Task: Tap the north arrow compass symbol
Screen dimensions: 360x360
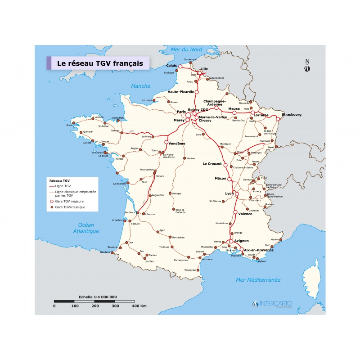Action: [x=307, y=66]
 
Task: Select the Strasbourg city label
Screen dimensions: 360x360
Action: [x=292, y=115]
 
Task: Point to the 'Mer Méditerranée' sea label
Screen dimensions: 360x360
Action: [x=258, y=280]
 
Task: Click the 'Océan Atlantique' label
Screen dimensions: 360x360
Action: [x=86, y=228]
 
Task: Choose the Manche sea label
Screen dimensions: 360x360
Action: [x=140, y=86]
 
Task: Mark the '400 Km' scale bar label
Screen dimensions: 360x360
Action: [x=139, y=306]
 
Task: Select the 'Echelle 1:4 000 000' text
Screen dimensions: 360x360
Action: [x=98, y=297]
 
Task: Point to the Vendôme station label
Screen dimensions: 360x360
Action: [x=177, y=144]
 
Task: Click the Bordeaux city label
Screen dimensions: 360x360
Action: [x=130, y=212]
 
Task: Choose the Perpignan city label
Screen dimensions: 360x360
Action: [x=190, y=270]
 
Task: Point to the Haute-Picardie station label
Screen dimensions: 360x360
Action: [x=181, y=92]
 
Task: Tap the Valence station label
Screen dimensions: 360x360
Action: [x=245, y=214]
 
